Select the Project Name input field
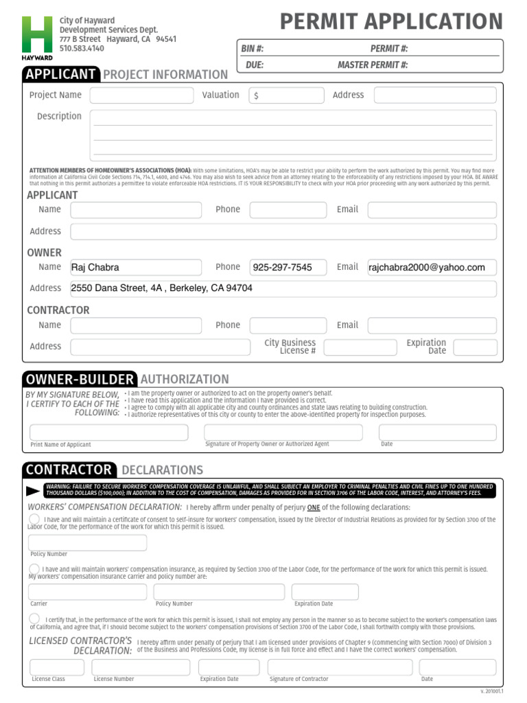coord(142,95)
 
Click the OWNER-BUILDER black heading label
coord(79,379)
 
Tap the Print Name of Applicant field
coord(108,433)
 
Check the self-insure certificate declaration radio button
coord(34,519)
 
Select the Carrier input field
coord(87,592)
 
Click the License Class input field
coord(56,667)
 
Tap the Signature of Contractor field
coord(340,667)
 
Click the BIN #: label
coord(253,49)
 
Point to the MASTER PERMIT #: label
coord(373,65)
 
